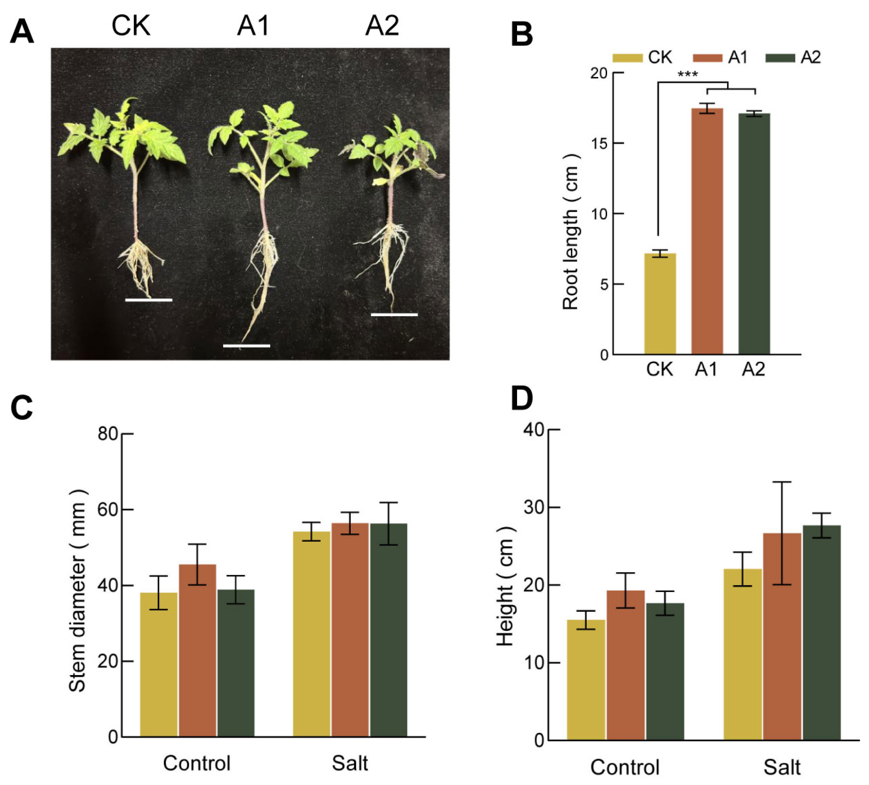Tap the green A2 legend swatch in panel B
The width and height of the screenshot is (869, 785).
(x=780, y=58)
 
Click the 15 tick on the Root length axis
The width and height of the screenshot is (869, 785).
(x=599, y=143)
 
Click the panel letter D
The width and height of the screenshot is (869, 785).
(x=522, y=399)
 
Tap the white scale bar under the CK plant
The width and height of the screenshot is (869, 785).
(x=149, y=300)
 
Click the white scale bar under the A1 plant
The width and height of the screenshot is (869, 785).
(x=247, y=346)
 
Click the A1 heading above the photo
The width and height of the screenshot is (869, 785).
(x=253, y=26)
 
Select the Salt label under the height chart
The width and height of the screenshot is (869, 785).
(x=782, y=767)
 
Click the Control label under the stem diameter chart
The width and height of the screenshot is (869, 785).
(x=197, y=763)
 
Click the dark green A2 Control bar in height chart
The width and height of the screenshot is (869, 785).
(x=665, y=671)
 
